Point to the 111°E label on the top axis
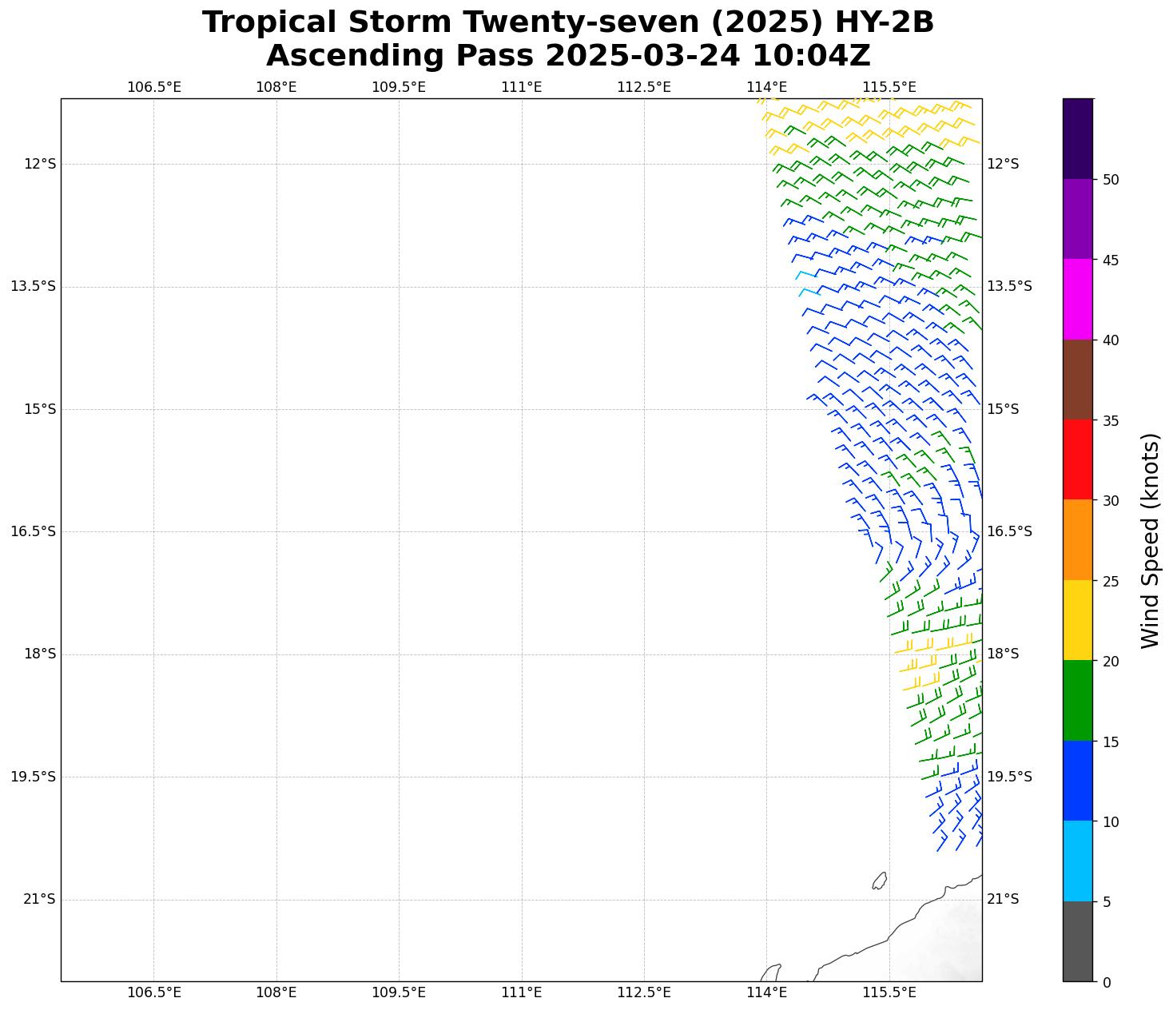click(521, 87)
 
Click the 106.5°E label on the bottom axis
click(153, 993)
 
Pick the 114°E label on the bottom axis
click(766, 993)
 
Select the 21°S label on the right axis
click(1003, 900)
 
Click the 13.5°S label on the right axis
click(1009, 287)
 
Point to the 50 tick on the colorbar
click(1110, 180)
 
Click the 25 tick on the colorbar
click(1110, 581)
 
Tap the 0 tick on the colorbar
click(1106, 982)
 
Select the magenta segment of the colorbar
click(1077, 299)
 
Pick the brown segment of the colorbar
click(1077, 380)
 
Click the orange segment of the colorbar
click(1077, 540)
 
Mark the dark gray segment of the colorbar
click(1077, 941)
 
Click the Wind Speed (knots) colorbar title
click(1149, 540)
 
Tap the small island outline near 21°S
click(879, 881)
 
